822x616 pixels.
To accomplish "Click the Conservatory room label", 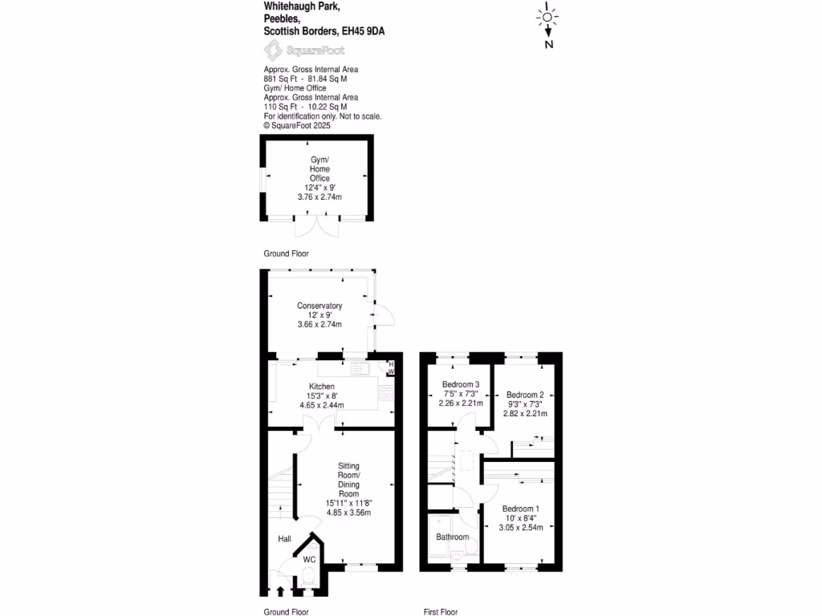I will click(x=319, y=306).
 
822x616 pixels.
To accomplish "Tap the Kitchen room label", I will click(x=321, y=386).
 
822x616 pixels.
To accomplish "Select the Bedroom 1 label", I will click(x=521, y=509).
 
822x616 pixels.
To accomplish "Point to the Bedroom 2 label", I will click(x=525, y=395).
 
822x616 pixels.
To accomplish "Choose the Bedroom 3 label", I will click(x=461, y=385).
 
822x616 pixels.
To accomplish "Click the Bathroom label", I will click(x=453, y=537).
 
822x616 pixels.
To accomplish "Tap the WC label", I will click(x=309, y=559).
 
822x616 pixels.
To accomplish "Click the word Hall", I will click(x=285, y=539).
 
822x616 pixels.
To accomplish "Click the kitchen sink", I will click(x=360, y=369).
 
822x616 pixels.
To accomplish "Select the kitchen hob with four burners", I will click(x=386, y=393).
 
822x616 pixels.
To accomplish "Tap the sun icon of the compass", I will click(x=548, y=17).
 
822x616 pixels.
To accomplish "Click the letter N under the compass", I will click(x=549, y=45).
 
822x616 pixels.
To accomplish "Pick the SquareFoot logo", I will click(x=294, y=51).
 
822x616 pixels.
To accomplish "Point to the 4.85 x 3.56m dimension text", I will click(x=348, y=512).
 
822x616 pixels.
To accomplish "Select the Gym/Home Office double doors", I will click(x=313, y=226).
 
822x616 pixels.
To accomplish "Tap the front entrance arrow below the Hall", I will click(x=280, y=592).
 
